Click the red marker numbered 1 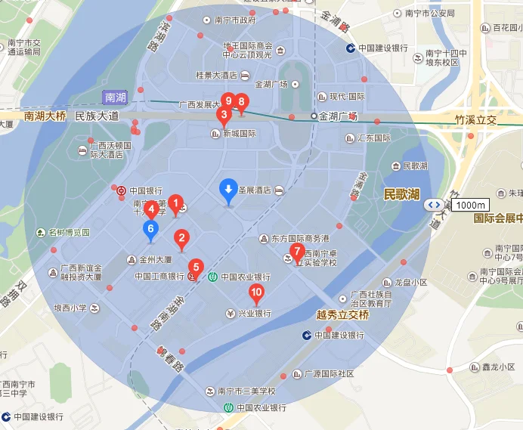(176, 203)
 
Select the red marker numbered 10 (257, 292)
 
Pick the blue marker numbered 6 (151, 228)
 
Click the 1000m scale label (471, 205)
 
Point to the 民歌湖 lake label (401, 194)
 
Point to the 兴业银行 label (255, 313)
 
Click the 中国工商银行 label (159, 277)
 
